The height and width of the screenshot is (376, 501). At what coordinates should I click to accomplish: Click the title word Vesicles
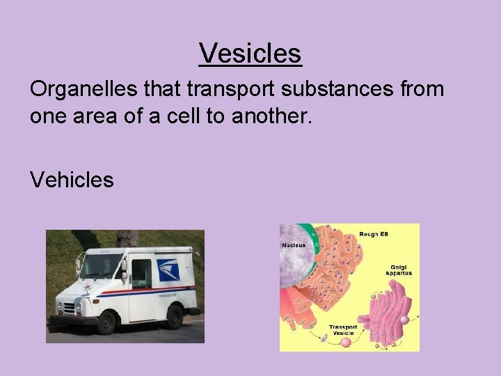pos(250,53)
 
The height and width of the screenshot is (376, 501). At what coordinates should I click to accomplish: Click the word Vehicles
pos(72,180)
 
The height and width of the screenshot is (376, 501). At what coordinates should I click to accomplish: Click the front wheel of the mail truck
pos(106,322)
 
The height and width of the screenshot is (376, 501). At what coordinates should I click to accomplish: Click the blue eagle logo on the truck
pos(167,269)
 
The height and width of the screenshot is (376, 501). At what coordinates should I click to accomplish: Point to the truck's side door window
pos(141,269)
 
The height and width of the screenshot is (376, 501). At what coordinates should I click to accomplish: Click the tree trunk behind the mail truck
pos(127,238)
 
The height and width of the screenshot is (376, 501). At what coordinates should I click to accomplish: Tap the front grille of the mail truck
pos(67,306)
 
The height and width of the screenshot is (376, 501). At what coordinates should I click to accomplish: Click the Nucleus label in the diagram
pos(293,245)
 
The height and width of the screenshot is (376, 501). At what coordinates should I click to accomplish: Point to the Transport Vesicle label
pos(343,329)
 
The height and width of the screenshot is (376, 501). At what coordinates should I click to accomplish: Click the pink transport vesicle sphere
pos(324,337)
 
